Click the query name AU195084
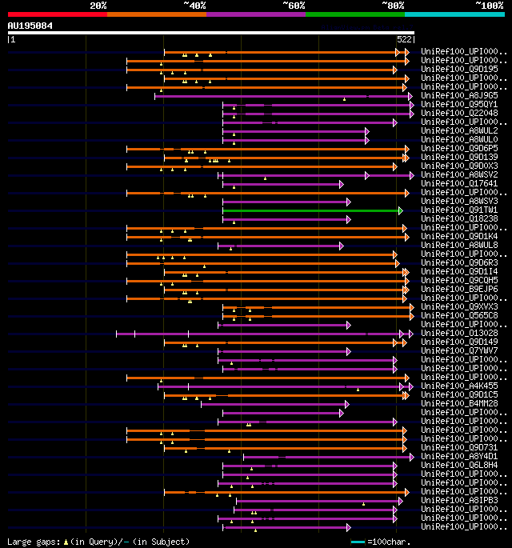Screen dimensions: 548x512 [30, 26]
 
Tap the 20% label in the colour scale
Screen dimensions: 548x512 [98, 6]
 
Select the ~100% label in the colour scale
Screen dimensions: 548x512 [489, 6]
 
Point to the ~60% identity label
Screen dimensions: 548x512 [294, 6]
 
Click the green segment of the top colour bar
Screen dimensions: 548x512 [354, 14]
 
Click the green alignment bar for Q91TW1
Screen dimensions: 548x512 [311, 210]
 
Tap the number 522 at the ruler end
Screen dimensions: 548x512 [404, 39]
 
